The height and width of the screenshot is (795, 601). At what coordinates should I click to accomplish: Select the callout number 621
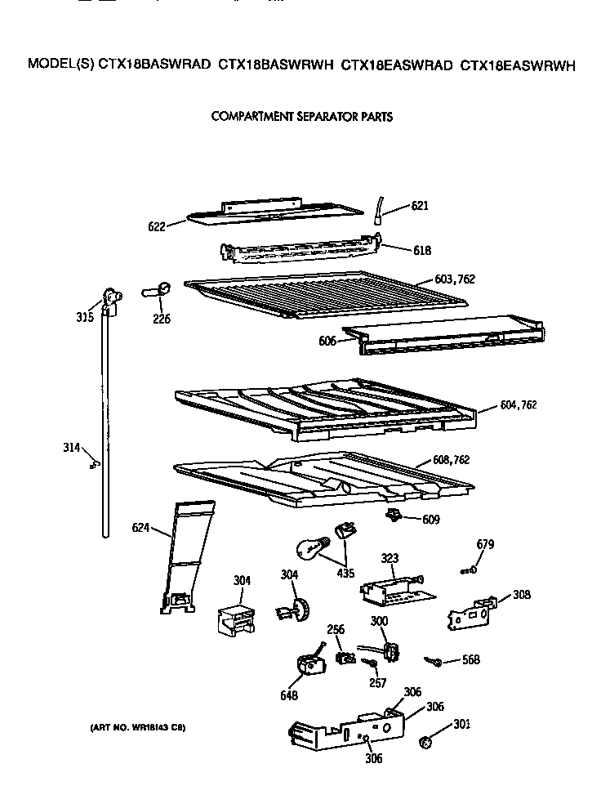[x=420, y=206]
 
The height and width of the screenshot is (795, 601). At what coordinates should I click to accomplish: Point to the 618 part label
[x=421, y=251]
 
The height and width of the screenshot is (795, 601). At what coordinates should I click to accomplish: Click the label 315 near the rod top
[x=83, y=318]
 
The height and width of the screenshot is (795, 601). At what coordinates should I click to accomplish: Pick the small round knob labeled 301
[x=425, y=742]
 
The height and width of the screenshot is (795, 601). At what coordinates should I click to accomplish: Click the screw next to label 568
[x=434, y=661]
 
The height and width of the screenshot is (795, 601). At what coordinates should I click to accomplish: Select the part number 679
[x=485, y=544]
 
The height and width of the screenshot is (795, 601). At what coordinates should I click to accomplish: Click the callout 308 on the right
[x=521, y=595]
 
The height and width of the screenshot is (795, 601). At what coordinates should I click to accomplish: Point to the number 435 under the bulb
[x=345, y=574]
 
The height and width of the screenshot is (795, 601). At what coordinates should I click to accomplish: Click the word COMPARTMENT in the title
[x=247, y=117]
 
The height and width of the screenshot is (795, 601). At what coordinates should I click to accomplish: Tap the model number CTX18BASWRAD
[x=154, y=65]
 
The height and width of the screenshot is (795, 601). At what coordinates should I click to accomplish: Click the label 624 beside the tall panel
[x=141, y=527]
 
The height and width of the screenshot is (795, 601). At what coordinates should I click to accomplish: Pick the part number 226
[x=161, y=319]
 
